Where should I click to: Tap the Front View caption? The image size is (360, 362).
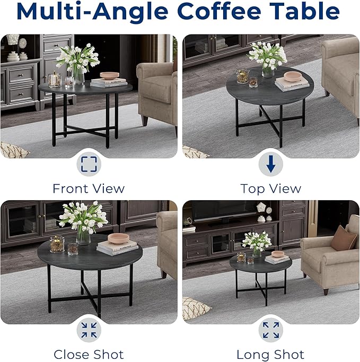(89, 188)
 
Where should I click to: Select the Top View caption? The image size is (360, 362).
(270, 188)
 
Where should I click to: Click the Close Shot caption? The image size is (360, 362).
(89, 354)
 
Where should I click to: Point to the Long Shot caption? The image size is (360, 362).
(270, 354)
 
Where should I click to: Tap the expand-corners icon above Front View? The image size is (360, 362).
(89, 164)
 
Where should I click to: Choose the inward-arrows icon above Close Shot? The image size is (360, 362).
(89, 331)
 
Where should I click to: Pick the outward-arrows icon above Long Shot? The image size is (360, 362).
(270, 330)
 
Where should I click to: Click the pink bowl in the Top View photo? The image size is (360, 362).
(292, 76)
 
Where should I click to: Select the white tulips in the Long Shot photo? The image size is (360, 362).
(257, 241)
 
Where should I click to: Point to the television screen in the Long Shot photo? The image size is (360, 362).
(223, 210)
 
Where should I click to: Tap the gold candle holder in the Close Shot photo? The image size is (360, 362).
(57, 244)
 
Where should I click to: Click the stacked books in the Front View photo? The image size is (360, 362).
(109, 82)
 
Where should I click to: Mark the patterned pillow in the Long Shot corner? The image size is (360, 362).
(194, 308)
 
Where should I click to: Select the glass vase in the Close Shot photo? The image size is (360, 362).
(83, 235)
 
